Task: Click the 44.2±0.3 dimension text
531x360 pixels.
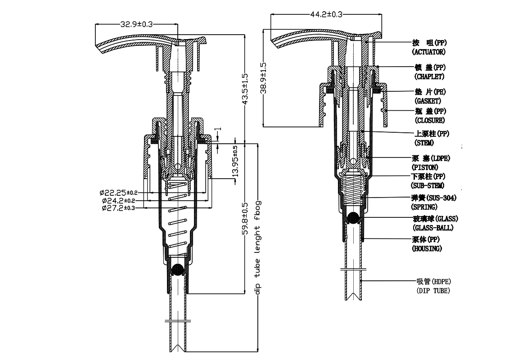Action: tap(326, 14)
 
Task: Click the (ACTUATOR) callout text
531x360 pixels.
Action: tap(429, 53)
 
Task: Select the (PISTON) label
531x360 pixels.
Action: tap(425, 167)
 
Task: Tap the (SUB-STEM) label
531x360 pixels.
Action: tap(428, 185)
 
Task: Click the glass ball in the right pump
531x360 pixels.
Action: tap(354, 218)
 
